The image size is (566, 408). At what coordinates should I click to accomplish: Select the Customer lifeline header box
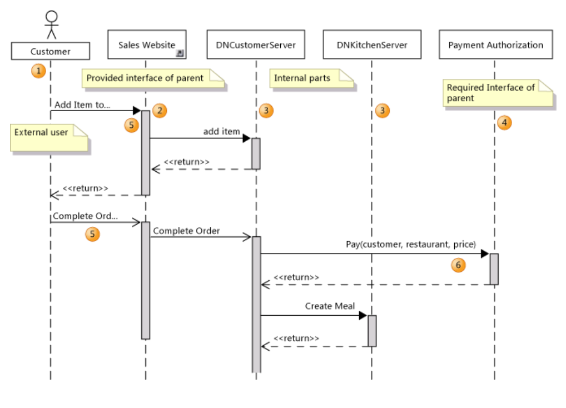tap(51, 52)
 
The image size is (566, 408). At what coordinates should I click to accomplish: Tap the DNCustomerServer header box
tap(256, 45)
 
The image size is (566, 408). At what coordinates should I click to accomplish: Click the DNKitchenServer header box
tap(372, 45)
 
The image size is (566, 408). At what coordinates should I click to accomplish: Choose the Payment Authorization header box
tap(495, 45)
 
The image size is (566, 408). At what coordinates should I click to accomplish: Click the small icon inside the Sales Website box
tap(180, 53)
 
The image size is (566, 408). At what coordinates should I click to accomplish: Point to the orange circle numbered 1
tap(38, 71)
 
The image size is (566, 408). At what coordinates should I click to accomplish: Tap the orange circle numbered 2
tap(160, 111)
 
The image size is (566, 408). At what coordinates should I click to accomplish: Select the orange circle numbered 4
tap(504, 123)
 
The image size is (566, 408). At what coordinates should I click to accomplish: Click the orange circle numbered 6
tap(458, 265)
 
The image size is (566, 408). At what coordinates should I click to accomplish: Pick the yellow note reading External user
tap(49, 137)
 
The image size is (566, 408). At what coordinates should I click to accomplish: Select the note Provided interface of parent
tap(152, 78)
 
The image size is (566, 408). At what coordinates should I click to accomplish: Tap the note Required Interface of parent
tap(498, 93)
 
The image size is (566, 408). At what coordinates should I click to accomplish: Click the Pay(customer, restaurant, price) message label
tap(410, 244)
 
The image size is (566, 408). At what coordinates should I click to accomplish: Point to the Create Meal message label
tap(330, 306)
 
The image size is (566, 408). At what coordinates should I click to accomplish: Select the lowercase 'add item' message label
tap(221, 132)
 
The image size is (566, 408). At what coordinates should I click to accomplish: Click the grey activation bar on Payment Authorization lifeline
tap(494, 269)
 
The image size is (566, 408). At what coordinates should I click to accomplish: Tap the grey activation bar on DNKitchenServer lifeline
tap(372, 331)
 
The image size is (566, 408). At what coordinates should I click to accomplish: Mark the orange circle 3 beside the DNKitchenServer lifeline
tap(382, 111)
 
